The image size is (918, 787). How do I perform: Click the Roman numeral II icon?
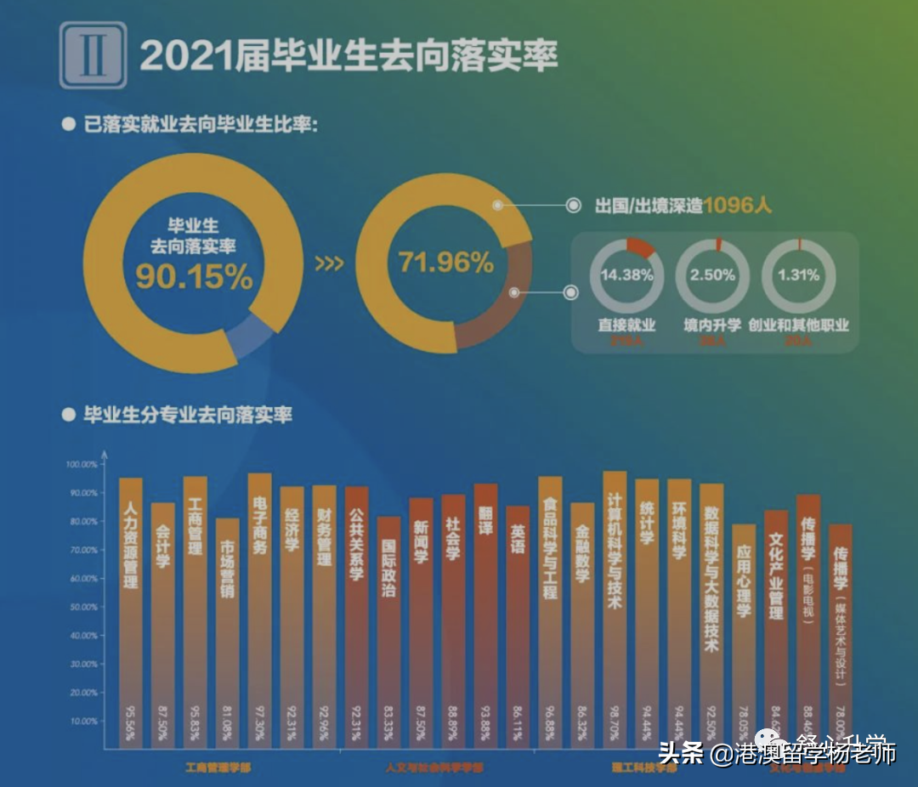click(x=93, y=55)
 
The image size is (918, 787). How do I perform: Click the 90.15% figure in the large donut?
click(x=194, y=276)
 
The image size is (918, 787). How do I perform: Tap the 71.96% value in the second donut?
click(x=445, y=262)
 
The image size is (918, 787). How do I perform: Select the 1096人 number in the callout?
click(x=737, y=205)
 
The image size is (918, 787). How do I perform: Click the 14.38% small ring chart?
click(x=626, y=275)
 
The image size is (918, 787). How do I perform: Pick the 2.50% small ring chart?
click(x=713, y=275)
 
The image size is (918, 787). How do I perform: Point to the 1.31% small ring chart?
click(x=798, y=275)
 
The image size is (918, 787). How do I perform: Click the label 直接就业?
click(x=626, y=325)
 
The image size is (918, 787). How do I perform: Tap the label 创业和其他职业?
click(x=798, y=325)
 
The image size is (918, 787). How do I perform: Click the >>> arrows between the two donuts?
click(x=329, y=263)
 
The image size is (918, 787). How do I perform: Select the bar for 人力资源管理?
click(x=130, y=613)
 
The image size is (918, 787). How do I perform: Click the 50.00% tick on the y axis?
click(x=83, y=607)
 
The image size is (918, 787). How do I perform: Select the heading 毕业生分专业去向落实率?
click(x=187, y=415)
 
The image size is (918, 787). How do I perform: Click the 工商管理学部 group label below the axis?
click(x=218, y=767)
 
